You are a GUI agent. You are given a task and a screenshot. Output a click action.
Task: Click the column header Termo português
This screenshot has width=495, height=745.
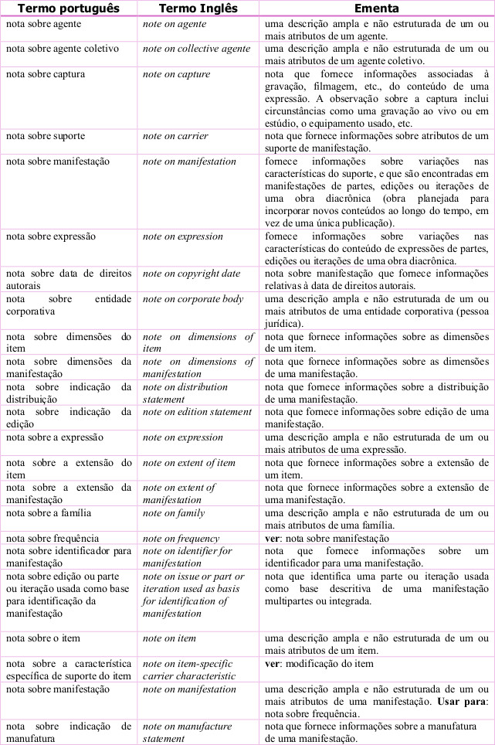[x=69, y=9]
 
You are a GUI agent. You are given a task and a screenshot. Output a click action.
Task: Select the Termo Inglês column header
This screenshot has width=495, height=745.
[x=198, y=9]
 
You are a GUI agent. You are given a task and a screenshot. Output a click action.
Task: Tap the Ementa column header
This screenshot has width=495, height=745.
[x=376, y=9]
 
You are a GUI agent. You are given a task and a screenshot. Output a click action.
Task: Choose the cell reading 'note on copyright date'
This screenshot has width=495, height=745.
[x=191, y=274]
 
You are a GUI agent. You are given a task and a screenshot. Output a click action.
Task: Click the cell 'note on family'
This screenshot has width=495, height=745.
[x=173, y=512]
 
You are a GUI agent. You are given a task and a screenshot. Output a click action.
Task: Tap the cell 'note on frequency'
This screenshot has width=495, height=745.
[x=181, y=538]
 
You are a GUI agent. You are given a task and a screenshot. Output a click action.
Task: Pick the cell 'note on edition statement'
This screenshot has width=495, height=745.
[x=197, y=412]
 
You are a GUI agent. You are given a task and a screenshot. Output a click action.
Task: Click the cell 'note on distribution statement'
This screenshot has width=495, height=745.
[x=185, y=393]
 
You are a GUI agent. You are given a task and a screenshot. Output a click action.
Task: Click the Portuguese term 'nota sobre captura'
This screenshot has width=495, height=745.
[x=45, y=74]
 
